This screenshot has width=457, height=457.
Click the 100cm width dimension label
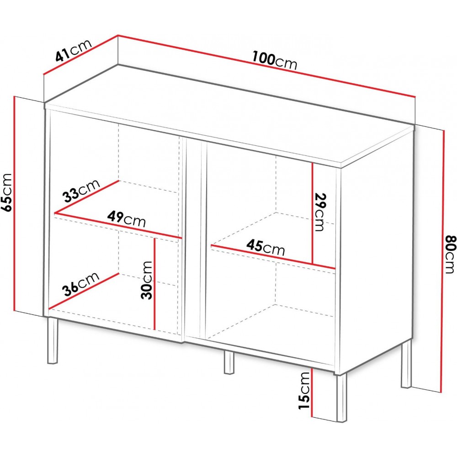coord(274,61)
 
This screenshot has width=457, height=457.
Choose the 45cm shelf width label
coord(265,247)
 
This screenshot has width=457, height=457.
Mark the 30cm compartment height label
coord(146,280)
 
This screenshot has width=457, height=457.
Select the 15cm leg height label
coord(304,390)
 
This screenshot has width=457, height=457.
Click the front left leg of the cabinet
coord(53,341)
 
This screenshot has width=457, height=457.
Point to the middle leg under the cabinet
coord(229,362)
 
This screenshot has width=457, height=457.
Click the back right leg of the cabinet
coord(406,364)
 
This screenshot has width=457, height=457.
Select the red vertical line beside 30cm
coord(155,284)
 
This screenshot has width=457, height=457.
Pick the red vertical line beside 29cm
coord(313,213)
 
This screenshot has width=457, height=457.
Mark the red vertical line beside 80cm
coord(443,261)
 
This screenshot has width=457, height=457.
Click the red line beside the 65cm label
coord(14,204)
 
